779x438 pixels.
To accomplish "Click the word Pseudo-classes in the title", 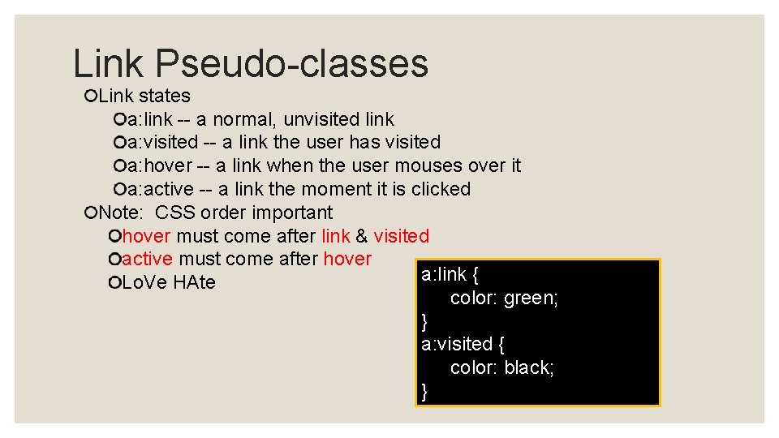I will point(292,64).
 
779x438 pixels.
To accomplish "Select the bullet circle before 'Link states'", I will point(90,97).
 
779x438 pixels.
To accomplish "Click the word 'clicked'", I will point(441,189).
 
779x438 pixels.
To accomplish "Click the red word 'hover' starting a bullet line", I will point(146,236).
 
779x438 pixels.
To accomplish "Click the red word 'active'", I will point(147,259).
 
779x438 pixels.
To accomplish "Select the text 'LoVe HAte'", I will point(169,283).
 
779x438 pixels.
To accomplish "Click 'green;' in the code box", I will point(531,298).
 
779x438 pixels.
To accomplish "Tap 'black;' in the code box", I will point(529,367).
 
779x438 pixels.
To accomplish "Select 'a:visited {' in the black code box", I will point(463,344).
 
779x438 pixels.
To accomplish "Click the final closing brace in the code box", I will point(424,392).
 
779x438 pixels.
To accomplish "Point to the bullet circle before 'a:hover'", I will point(120,166).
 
